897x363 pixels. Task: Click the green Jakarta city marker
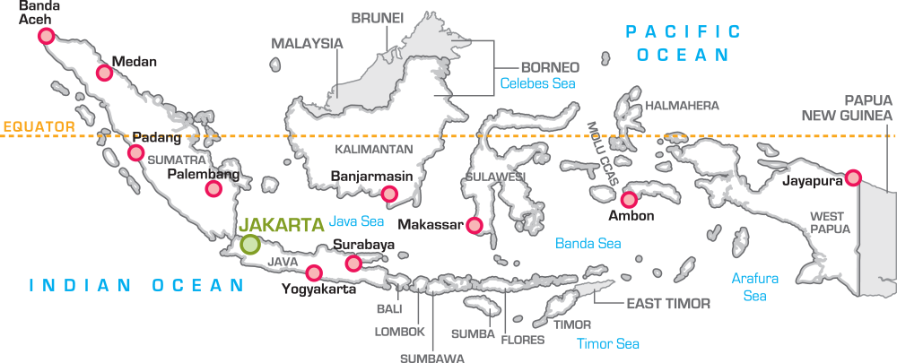[250, 243]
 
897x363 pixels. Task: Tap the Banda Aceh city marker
[46, 36]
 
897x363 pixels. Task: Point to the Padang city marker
[135, 152]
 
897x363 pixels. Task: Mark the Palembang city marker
[213, 188]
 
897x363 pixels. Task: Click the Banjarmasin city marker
[389, 194]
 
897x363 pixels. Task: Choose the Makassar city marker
[475, 224]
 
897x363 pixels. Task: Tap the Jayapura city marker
[853, 178]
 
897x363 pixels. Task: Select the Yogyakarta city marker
[313, 272]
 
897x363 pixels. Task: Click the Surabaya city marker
[353, 262]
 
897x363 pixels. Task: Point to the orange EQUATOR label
[37, 127]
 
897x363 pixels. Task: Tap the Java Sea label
[357, 220]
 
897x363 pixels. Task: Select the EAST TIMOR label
[668, 304]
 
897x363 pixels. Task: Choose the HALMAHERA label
[682, 106]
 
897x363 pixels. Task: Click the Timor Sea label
[608, 342]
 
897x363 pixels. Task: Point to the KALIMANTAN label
[374, 149]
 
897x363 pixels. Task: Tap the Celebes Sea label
[537, 84]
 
